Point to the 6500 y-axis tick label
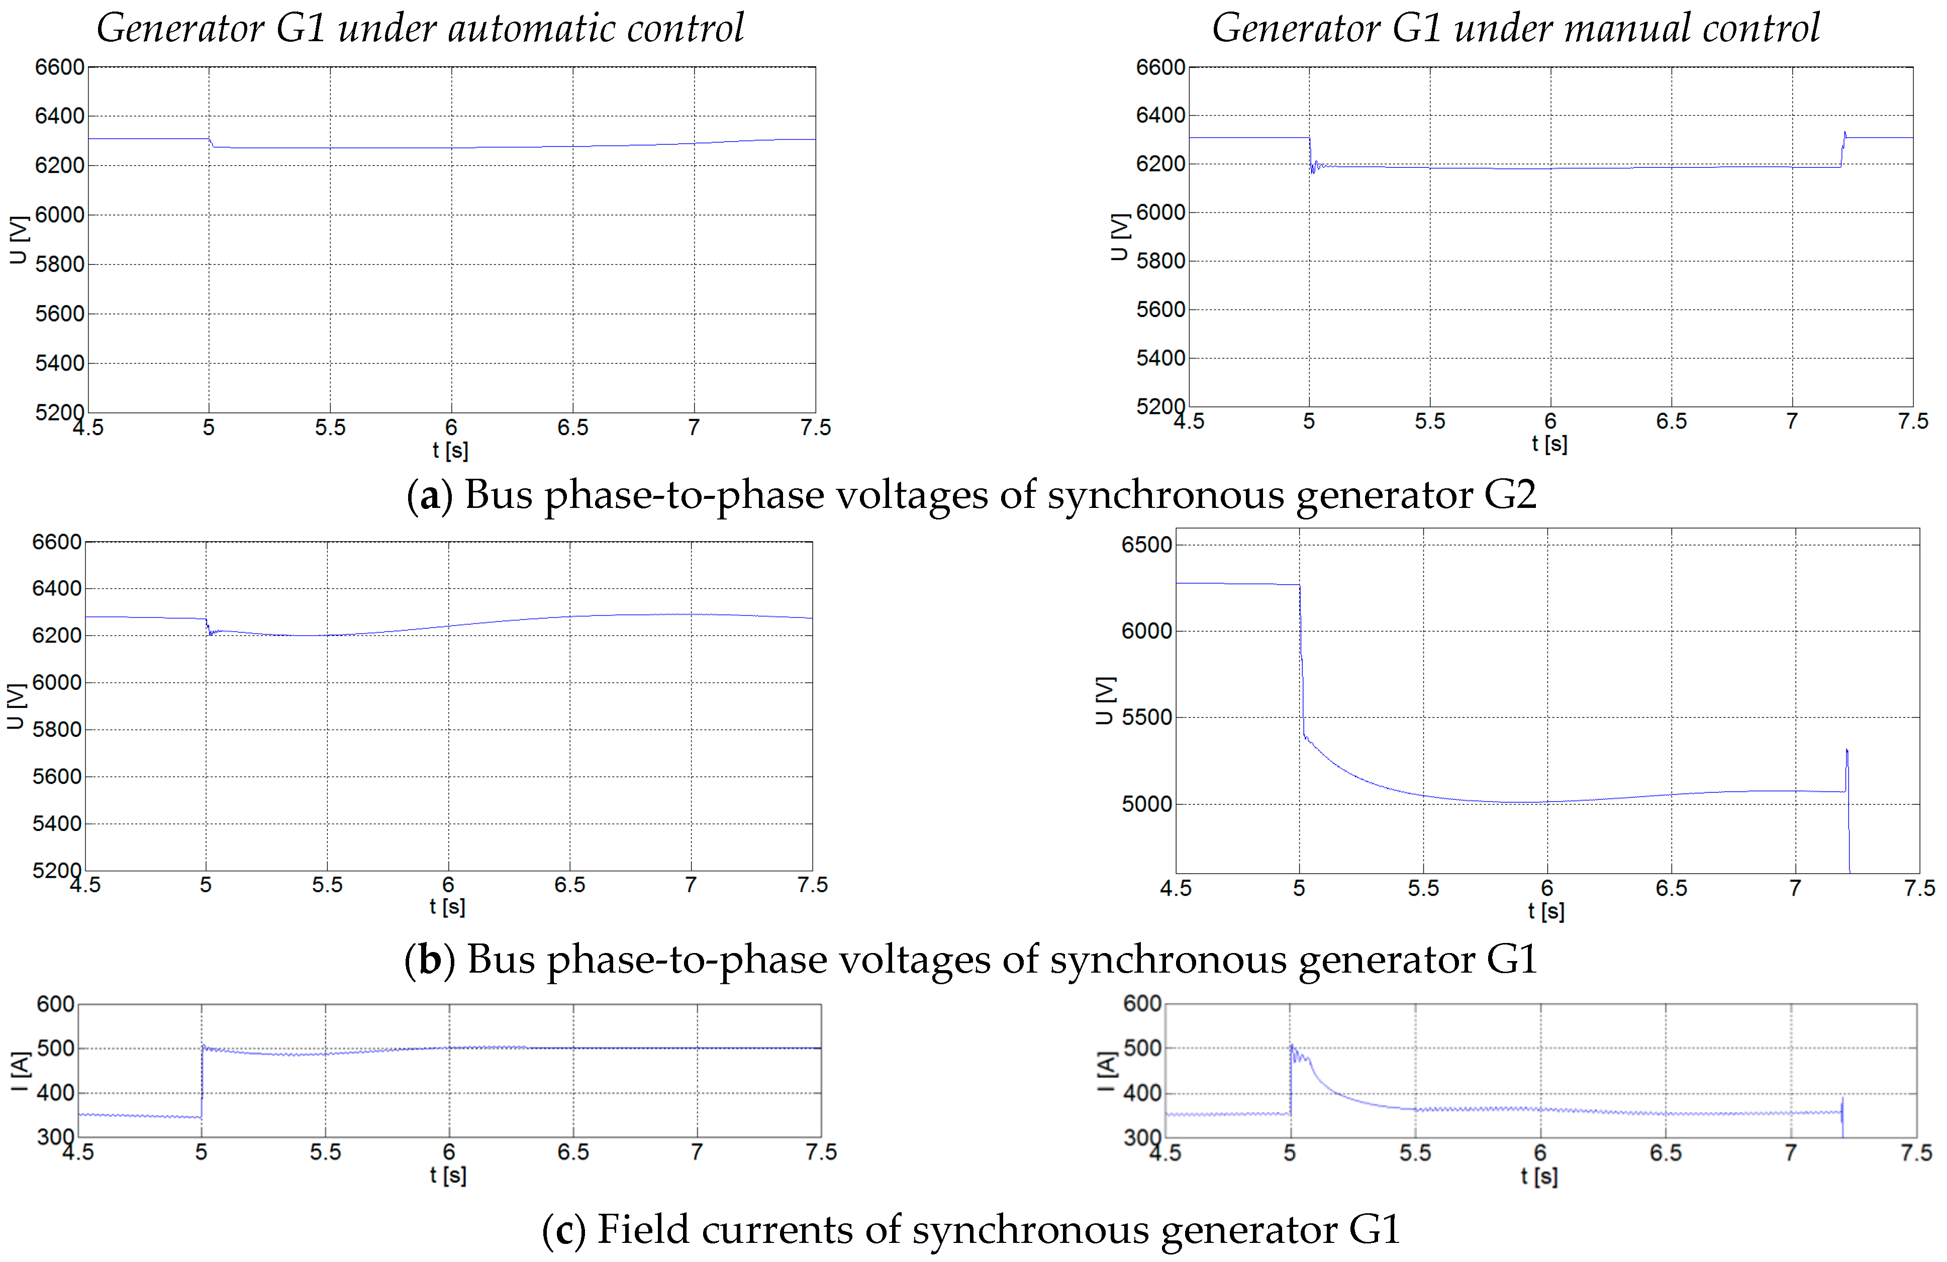(x=1147, y=545)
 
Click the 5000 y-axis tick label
(x=1147, y=804)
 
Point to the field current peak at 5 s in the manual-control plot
(x=1292, y=1047)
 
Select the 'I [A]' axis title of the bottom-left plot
(x=20, y=1072)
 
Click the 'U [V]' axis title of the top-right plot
(x=1118, y=237)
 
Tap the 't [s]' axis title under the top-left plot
(x=450, y=450)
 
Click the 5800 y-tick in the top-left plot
(x=60, y=264)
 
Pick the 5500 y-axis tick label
(x=1147, y=717)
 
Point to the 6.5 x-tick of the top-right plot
(x=1671, y=421)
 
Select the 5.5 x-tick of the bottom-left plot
(x=326, y=1152)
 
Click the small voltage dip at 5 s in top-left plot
(x=211, y=144)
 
